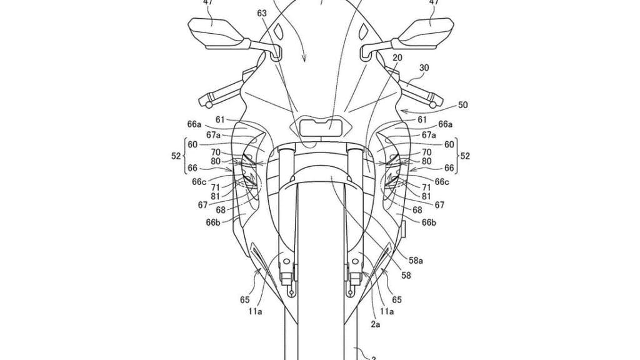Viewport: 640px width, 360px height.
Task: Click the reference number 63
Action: click(x=262, y=14)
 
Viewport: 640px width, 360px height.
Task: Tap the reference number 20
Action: click(x=397, y=58)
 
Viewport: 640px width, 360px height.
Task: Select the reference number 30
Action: click(x=424, y=68)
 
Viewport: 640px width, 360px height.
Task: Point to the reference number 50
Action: click(x=462, y=105)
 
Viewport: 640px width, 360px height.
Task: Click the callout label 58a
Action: click(x=416, y=260)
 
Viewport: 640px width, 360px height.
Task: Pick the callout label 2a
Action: click(x=376, y=324)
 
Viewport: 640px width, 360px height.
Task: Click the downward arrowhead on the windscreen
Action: click(x=304, y=59)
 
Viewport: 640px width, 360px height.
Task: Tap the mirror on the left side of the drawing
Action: click(x=217, y=34)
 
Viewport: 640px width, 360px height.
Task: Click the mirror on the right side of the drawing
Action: click(x=423, y=34)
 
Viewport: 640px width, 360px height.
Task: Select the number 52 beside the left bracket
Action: click(x=176, y=156)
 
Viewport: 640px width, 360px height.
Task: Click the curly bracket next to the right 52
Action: click(x=457, y=156)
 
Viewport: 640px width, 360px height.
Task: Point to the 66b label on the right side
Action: click(x=429, y=222)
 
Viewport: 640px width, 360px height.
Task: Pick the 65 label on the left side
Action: click(x=244, y=300)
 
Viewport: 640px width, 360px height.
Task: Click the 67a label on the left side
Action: click(x=213, y=135)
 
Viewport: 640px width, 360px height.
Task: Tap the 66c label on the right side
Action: click(x=442, y=182)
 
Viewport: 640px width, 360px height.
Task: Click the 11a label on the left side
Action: click(x=255, y=312)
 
